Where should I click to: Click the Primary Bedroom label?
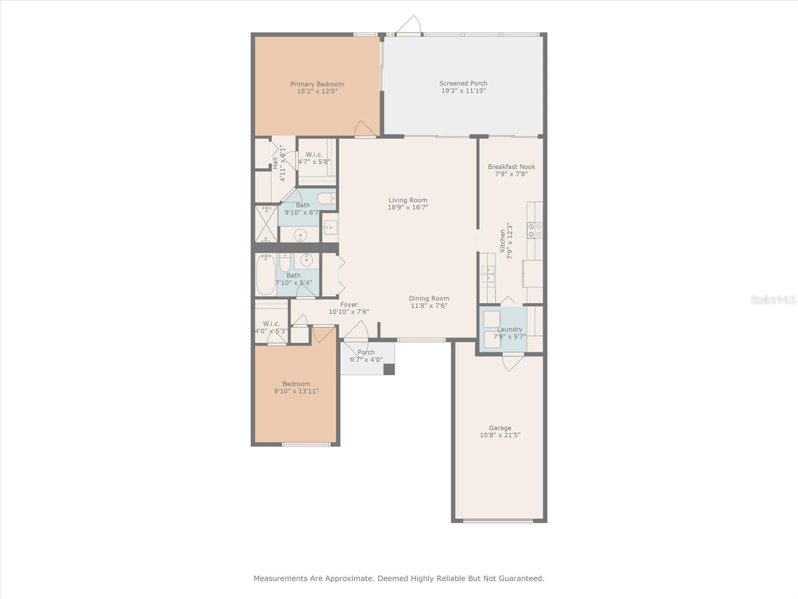point(317,84)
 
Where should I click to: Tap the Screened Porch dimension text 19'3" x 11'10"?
point(463,91)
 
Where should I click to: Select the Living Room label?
point(408,200)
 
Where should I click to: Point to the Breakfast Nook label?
point(512,167)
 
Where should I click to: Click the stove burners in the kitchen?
point(535,231)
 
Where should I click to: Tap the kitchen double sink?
point(487,274)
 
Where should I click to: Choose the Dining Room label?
point(429,298)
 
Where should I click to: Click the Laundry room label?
point(509,329)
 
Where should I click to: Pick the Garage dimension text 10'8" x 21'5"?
point(500,435)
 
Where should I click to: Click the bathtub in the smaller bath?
point(266,275)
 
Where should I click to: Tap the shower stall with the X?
point(266,224)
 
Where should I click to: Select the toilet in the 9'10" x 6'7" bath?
point(326,198)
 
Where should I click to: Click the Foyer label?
point(349,304)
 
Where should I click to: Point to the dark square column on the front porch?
point(389,369)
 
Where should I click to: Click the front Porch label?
point(366,352)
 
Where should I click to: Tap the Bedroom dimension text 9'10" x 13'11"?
point(296,391)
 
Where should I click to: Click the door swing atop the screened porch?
point(408,24)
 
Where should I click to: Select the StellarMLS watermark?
point(773,299)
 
